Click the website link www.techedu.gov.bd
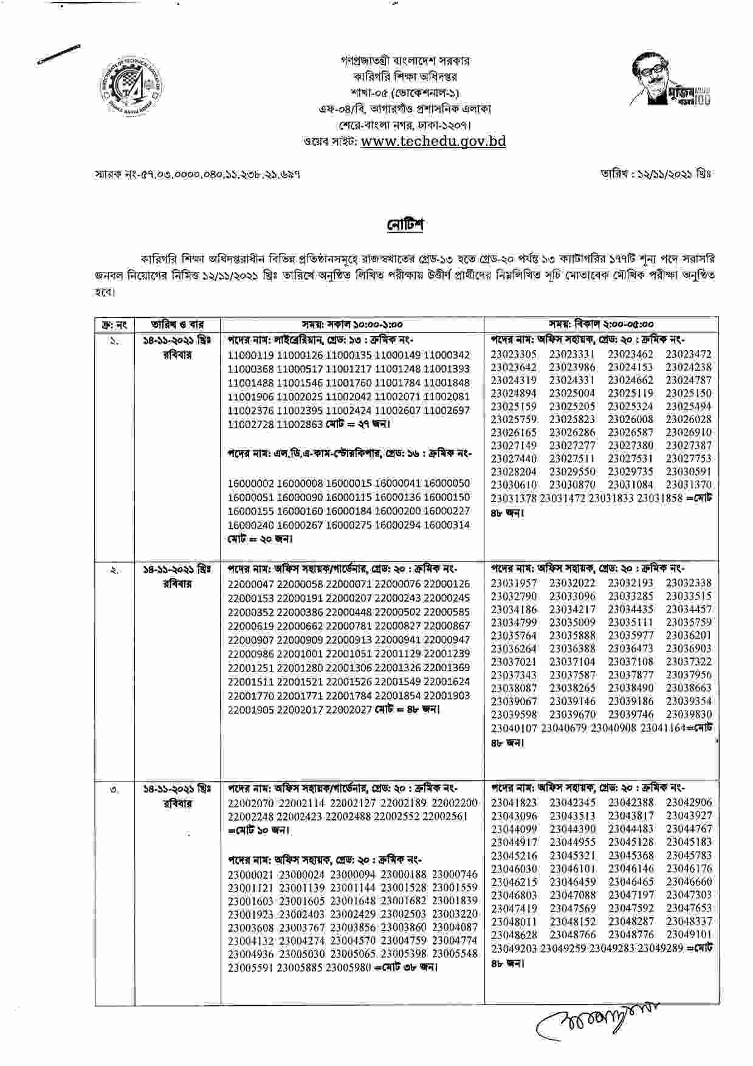click(x=433, y=142)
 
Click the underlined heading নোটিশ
click(x=405, y=224)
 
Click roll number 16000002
click(x=250, y=484)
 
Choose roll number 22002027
click(x=348, y=709)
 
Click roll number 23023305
click(x=514, y=354)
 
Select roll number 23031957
click(x=514, y=583)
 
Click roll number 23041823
click(x=514, y=803)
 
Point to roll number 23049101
click(x=689, y=934)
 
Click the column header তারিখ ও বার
click(x=177, y=325)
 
